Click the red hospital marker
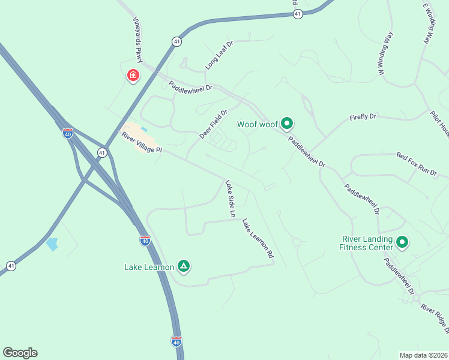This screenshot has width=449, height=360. click(x=133, y=76)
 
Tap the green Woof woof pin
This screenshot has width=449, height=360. click(x=287, y=124)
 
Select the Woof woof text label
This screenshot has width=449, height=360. click(x=258, y=125)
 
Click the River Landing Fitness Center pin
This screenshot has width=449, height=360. click(x=402, y=242)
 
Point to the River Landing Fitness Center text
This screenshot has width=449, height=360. click(x=366, y=243)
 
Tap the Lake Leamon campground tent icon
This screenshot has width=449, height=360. click(x=184, y=266)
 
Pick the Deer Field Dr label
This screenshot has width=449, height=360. click(x=214, y=124)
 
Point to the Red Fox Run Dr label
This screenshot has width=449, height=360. click(x=417, y=164)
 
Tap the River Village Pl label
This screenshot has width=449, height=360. click(x=142, y=143)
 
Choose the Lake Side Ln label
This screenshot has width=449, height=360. click(x=230, y=199)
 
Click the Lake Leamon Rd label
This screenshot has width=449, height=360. click(x=258, y=239)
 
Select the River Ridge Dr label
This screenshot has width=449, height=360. click(x=435, y=319)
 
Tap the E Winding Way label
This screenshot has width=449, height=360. click(x=427, y=24)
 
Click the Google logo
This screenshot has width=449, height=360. click(x=20, y=353)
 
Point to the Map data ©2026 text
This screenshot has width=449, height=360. click(x=423, y=355)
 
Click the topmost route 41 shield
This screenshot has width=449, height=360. click(x=298, y=14)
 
